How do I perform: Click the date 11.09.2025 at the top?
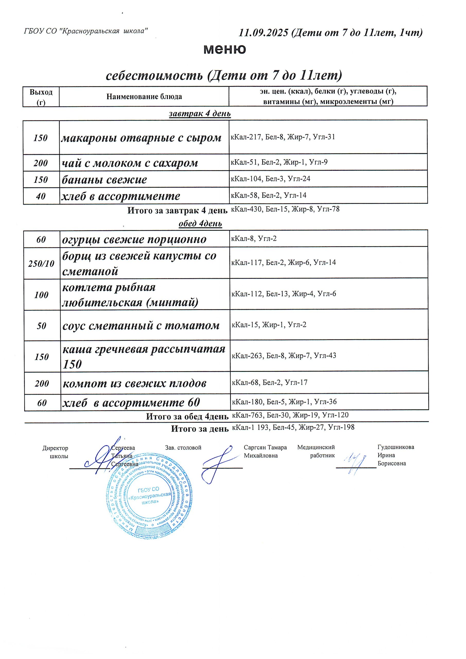[x=263, y=33]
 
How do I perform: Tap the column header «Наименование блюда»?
[x=144, y=97]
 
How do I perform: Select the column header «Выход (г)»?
[x=41, y=97]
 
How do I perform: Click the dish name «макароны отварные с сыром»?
[x=141, y=138]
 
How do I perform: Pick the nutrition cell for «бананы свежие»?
[x=271, y=179]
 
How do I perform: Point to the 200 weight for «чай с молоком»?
[x=41, y=163]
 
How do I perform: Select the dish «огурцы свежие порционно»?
[x=134, y=239]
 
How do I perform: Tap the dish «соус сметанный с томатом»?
[x=141, y=325]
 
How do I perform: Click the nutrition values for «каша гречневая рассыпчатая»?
[x=284, y=355]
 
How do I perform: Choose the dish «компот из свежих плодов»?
[x=134, y=384]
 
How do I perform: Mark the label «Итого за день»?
[x=200, y=429]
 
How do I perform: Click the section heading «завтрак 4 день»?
[x=200, y=114]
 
